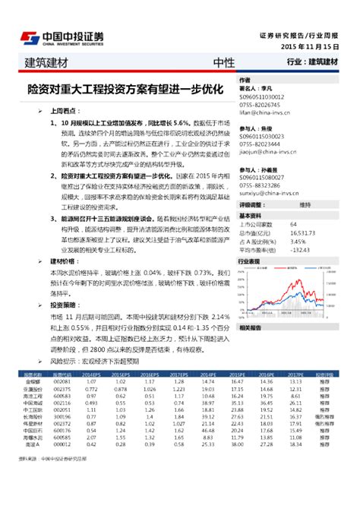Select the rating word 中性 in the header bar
223,62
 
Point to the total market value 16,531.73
305,233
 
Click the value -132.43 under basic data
302,248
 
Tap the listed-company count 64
294,226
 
